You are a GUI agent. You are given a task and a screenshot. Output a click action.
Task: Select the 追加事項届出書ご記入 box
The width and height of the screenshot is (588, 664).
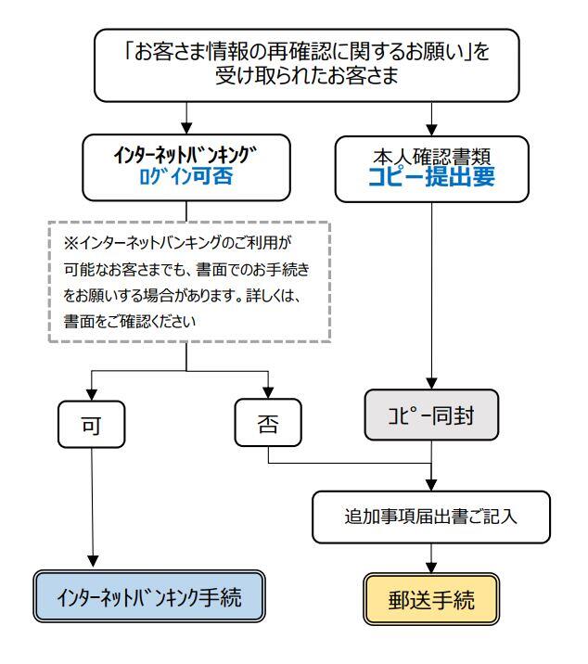432,517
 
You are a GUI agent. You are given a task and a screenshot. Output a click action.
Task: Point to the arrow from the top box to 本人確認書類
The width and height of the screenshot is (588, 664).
432,116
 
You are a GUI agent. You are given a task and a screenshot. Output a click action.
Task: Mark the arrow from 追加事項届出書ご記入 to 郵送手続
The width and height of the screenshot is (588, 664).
432,556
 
